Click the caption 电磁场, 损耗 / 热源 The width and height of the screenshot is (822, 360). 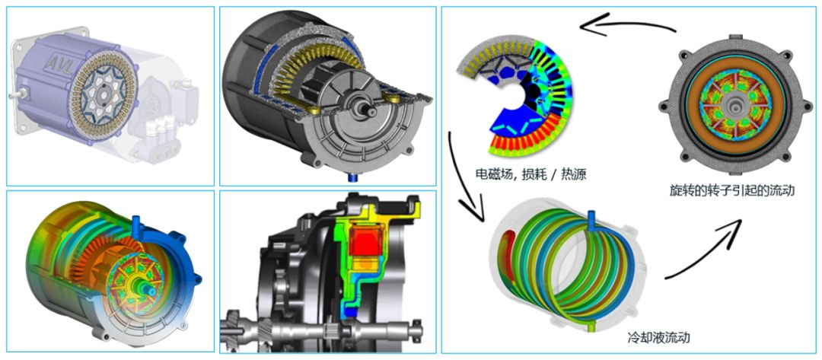coord(530,174)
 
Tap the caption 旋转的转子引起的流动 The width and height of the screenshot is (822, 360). coord(732,191)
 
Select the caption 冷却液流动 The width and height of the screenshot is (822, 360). coord(658,337)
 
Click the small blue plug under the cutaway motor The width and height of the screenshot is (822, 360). coord(352,177)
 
